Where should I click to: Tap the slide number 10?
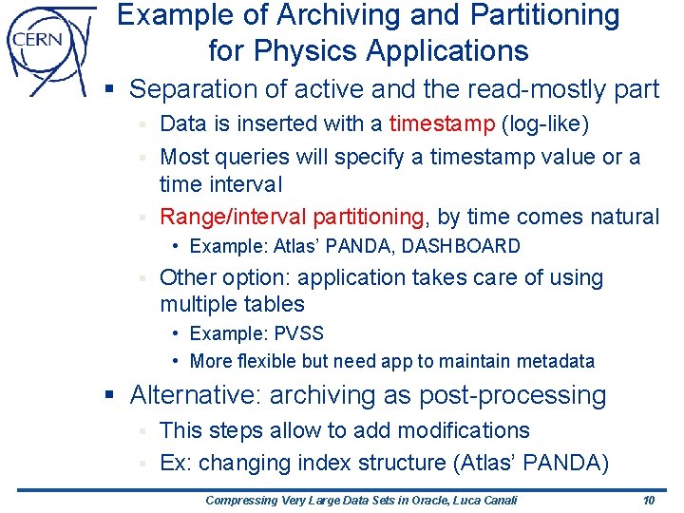(x=648, y=501)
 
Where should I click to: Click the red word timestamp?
(x=442, y=123)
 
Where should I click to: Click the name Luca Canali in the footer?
(x=483, y=501)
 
